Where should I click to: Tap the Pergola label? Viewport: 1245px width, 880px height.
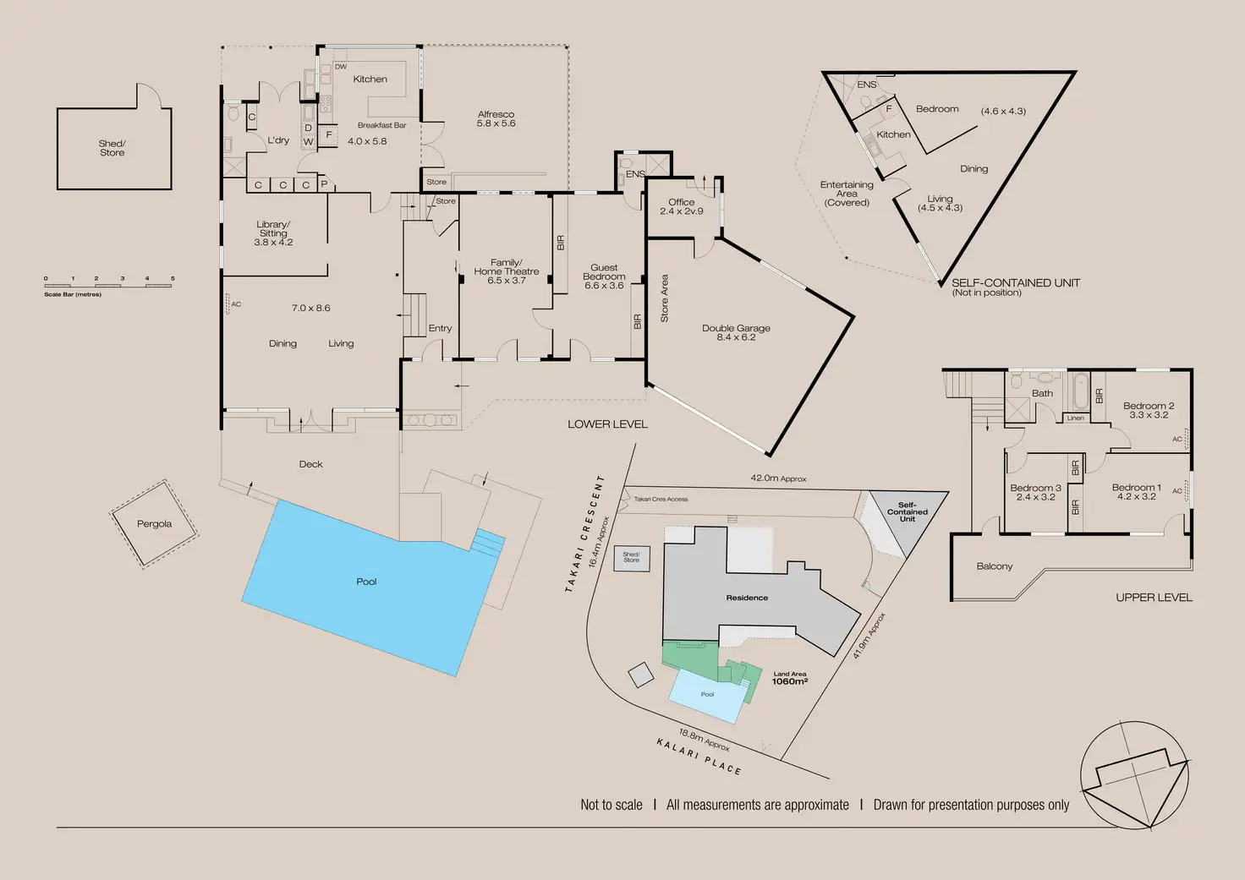154,524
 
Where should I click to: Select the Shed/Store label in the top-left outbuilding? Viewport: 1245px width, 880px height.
112,148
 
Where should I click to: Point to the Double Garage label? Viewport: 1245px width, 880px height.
736,328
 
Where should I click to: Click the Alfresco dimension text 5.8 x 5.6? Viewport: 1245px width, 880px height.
496,123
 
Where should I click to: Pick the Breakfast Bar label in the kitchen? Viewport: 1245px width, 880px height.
381,125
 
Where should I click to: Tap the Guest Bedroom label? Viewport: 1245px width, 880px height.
604,272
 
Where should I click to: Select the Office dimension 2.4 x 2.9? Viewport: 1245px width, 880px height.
682,211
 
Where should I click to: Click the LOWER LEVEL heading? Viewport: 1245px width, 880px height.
607,424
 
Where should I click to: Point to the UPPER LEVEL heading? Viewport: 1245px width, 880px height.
1154,598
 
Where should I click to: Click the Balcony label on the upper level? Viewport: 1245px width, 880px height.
994,566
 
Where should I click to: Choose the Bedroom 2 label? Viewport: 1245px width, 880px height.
1148,406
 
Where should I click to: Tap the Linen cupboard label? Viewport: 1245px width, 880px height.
1075,418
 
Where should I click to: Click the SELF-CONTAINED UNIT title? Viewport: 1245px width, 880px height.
1015,283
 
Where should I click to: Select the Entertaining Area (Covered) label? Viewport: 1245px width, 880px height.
847,194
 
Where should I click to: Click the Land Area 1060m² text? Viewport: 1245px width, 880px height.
789,679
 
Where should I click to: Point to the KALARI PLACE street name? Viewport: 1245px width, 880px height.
699,755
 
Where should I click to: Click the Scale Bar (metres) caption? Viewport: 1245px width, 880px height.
73,294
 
